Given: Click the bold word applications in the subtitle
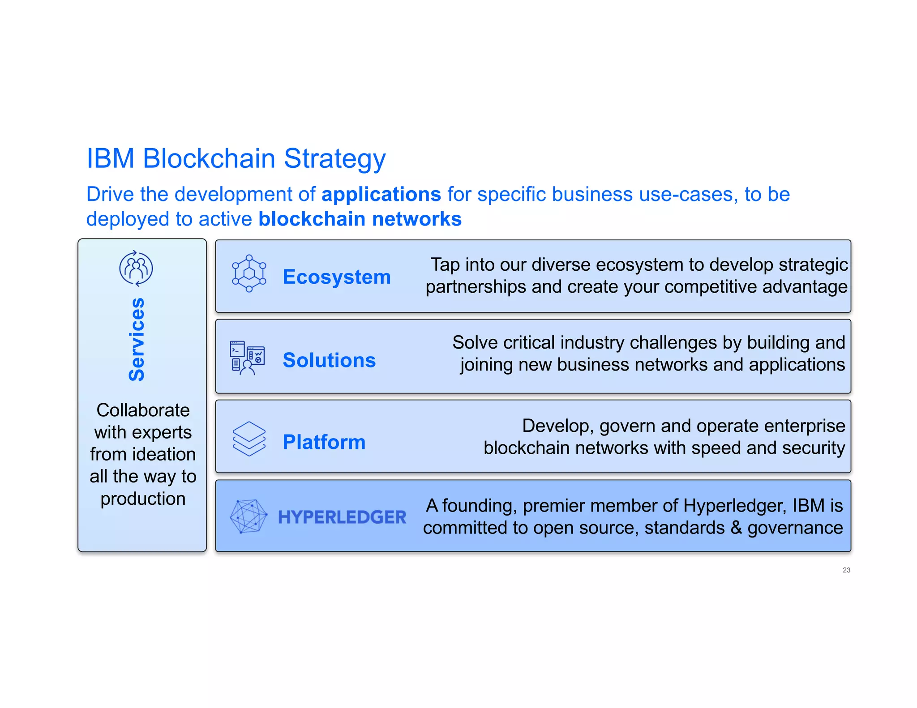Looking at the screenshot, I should coord(381,195).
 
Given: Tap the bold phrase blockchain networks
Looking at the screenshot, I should coord(360,219).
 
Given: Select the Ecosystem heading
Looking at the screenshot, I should coord(337,277).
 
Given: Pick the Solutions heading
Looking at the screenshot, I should coord(329,360).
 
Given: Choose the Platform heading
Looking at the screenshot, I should coord(324,442).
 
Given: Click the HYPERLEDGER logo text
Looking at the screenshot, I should coord(342,517).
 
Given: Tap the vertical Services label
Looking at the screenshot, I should coord(137,340).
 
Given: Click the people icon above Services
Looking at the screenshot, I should coord(136,268).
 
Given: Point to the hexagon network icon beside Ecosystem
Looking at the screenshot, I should coord(249,273).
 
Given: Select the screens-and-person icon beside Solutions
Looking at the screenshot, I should coord(247,358).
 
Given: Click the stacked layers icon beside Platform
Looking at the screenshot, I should coord(249,439).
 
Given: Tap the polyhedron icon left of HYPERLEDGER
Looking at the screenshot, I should coord(249,516).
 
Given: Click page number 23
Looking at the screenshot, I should coord(846,570).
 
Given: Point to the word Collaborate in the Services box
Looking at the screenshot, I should coord(143,410).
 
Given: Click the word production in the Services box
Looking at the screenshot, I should coord(143,499).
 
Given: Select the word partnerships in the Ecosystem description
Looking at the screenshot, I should coord(476,287).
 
